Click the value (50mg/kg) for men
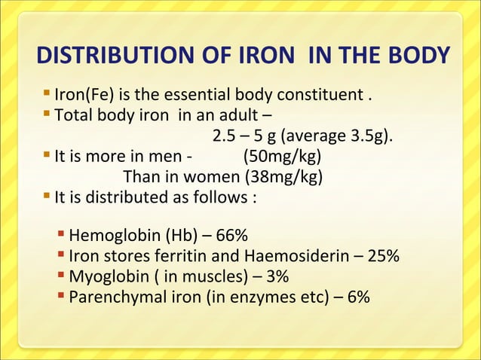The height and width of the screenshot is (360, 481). pos(283,158)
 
